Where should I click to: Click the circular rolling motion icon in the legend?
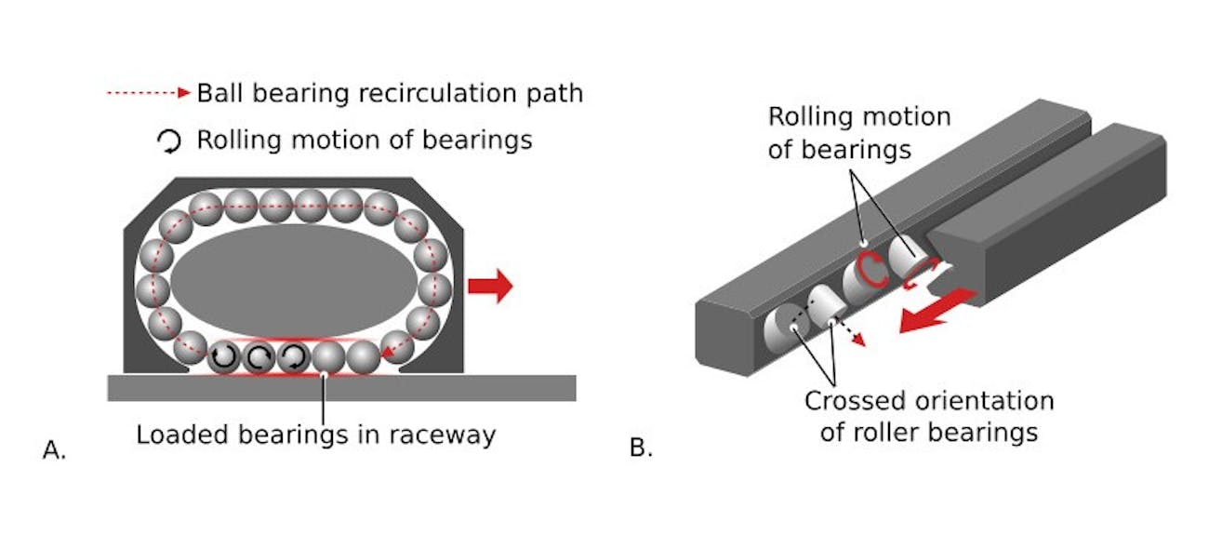(x=168, y=140)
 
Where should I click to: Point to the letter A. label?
(x=55, y=449)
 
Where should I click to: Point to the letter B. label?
(x=641, y=448)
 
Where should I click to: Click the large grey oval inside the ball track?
(x=293, y=278)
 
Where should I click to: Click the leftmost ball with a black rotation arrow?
(x=224, y=355)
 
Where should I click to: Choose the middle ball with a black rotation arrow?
(x=259, y=355)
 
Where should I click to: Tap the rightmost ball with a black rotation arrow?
(x=294, y=355)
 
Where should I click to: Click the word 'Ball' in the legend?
(x=220, y=93)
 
